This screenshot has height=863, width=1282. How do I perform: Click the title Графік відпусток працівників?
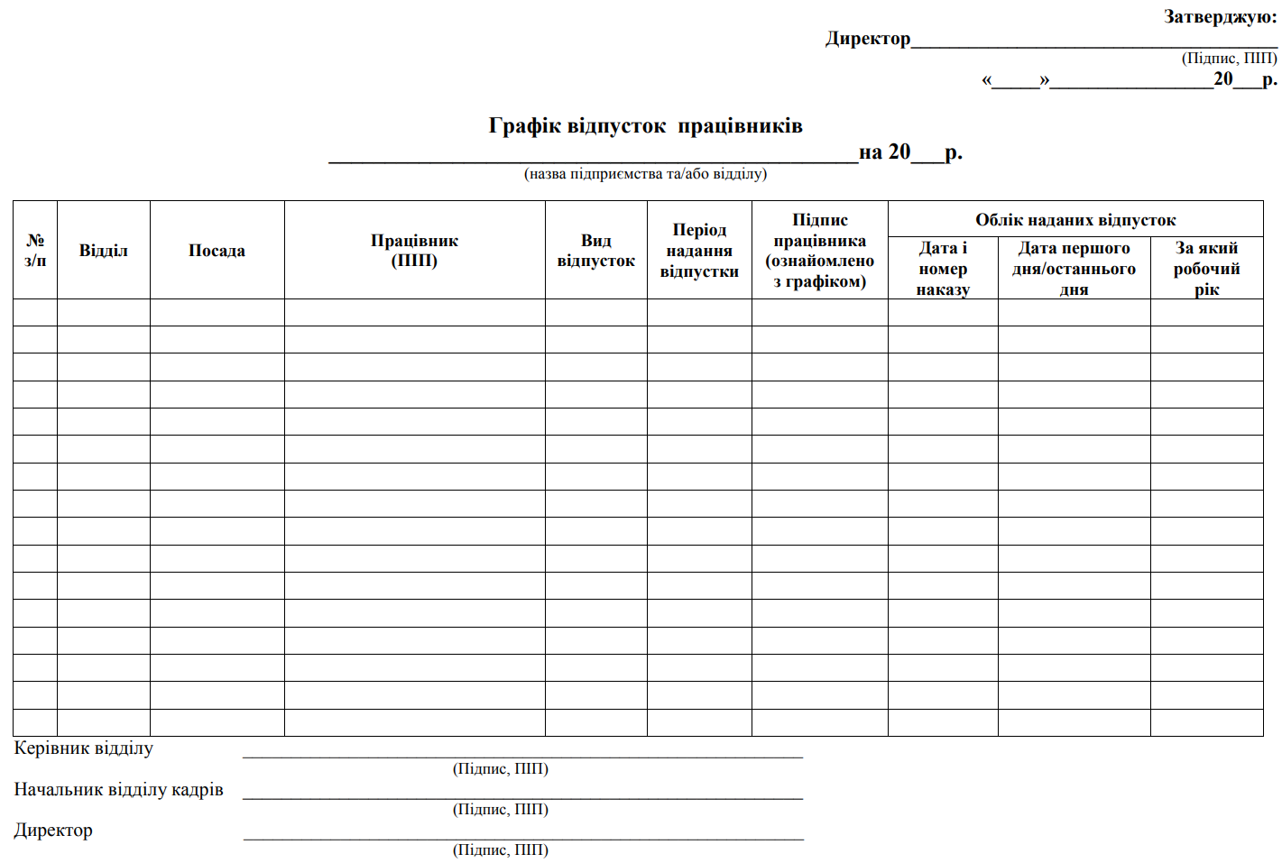click(645, 125)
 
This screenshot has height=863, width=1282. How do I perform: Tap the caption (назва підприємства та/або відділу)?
click(645, 173)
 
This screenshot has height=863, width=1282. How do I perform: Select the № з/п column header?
click(35, 250)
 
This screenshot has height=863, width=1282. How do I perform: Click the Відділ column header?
click(104, 250)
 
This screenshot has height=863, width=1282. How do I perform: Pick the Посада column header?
click(217, 250)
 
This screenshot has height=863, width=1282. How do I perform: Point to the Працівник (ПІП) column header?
click(414, 250)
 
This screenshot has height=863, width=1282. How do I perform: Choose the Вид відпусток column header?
click(595, 250)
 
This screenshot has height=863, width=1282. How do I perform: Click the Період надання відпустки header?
click(699, 250)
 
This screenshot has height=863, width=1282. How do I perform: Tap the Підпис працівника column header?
click(819, 250)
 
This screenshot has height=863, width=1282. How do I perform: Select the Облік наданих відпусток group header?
click(1075, 219)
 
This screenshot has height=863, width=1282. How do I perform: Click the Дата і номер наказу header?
click(943, 268)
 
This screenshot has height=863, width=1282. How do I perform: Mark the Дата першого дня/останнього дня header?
click(1074, 268)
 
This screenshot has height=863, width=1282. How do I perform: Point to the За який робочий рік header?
click(1206, 268)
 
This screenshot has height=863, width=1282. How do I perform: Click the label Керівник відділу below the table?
click(84, 748)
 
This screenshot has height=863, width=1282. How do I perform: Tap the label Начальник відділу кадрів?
click(118, 789)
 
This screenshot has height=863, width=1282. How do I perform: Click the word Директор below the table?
click(53, 830)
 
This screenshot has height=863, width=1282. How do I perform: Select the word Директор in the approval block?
click(868, 38)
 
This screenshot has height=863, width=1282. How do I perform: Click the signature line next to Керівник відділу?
click(522, 756)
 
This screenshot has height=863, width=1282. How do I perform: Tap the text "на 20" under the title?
click(884, 151)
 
